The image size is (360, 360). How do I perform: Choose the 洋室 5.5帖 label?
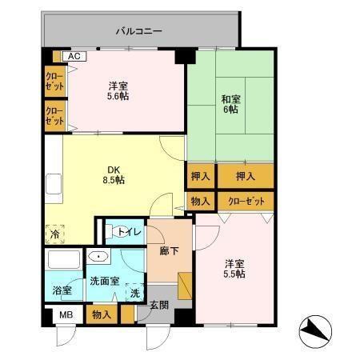coord(234,268)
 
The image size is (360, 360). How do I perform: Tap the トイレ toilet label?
coord(130,232)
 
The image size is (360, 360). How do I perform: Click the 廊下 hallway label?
coord(158,250)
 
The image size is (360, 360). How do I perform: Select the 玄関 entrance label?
coord(159,304)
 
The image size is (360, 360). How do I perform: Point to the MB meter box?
coord(65,315)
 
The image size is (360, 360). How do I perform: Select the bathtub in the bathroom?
coord(61,260)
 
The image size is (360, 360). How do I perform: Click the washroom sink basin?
coord(98,258)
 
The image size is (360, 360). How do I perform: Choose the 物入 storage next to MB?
coord(102,315)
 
